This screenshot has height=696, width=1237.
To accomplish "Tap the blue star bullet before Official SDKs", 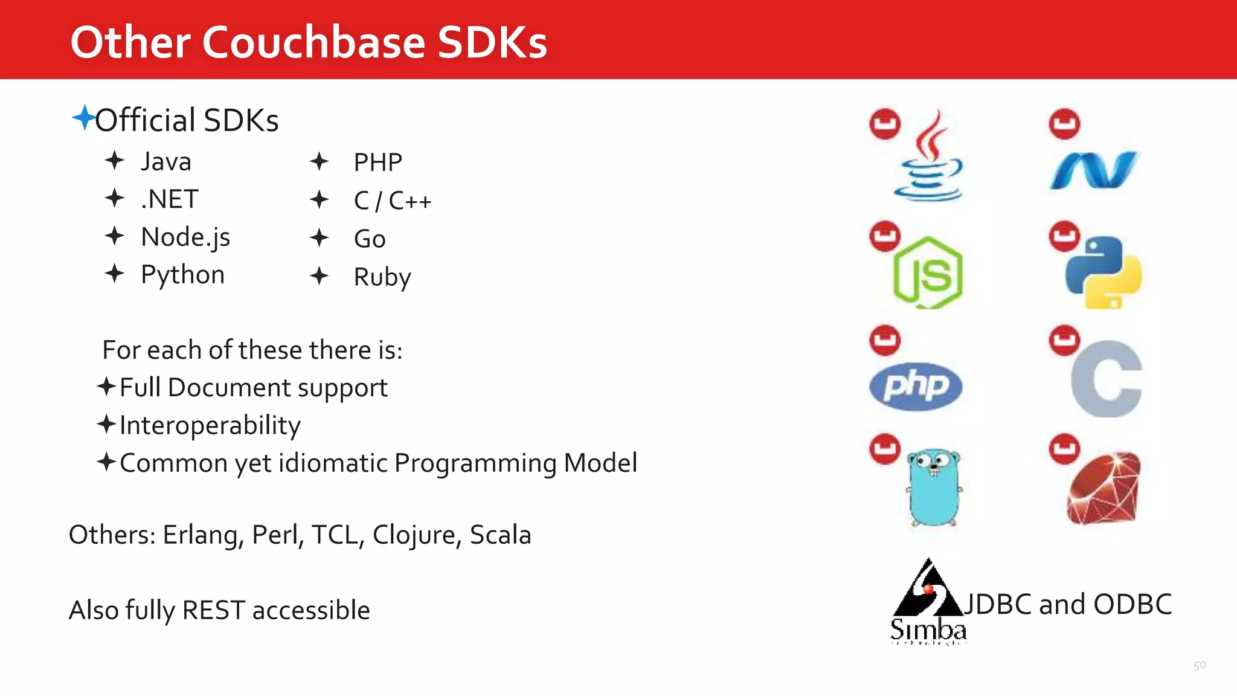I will coord(83,117).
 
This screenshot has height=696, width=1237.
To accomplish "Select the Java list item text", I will coord(166,162).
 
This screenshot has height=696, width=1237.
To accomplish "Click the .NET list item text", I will coord(169,199).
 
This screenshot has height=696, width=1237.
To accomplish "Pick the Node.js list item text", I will coord(185,237).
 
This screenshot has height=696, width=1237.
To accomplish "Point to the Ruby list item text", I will coord(382,277).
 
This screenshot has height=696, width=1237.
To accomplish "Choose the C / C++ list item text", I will coord(393,201).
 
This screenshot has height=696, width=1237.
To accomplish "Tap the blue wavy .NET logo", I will coord(1093,170).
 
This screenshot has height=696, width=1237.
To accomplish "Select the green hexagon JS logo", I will coord(928,273).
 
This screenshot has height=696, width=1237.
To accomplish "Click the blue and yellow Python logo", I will coord(1104,272).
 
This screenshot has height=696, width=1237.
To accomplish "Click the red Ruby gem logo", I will coord(1104,488).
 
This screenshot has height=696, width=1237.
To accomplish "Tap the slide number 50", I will coord(1200,666).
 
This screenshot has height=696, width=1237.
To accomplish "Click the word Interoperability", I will coord(210,425).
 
